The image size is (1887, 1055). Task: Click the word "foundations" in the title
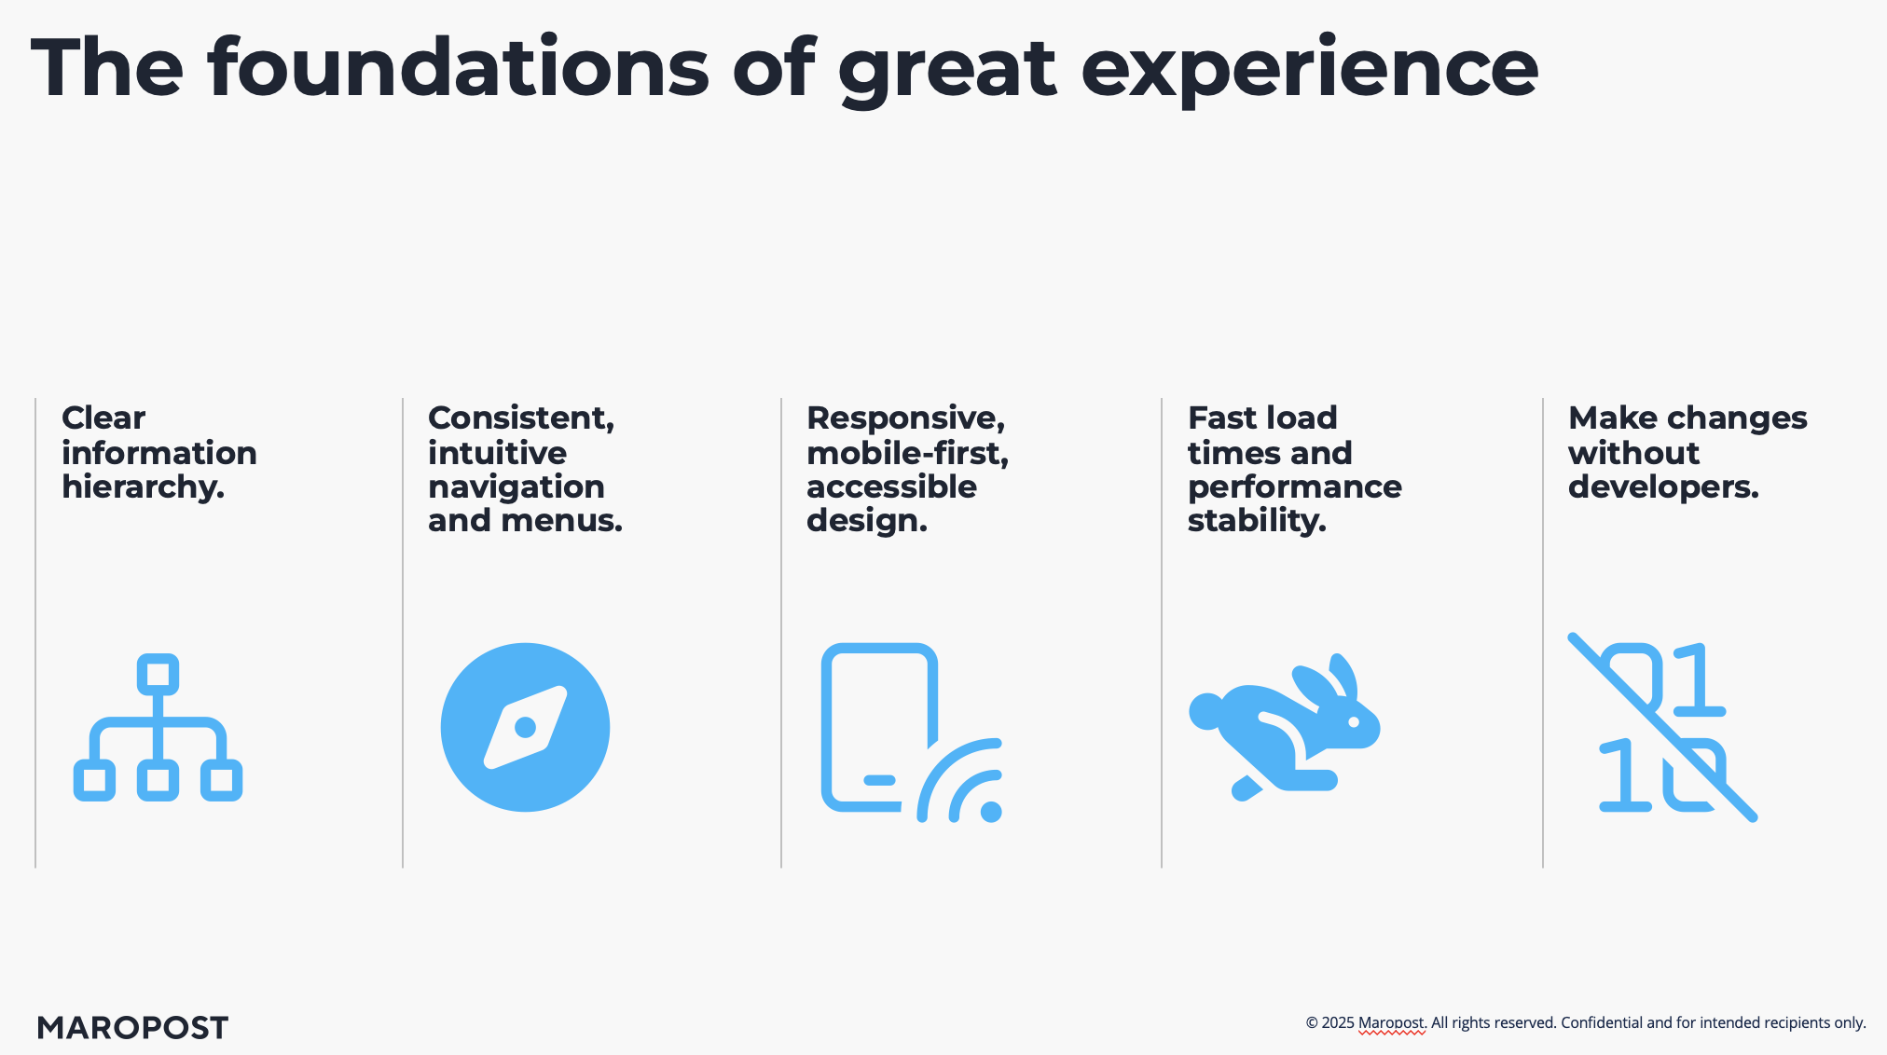tap(459, 67)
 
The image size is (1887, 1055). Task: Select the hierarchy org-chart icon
tap(158, 727)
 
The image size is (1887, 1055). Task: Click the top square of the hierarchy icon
tap(158, 674)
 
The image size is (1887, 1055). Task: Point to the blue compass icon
tap(525, 727)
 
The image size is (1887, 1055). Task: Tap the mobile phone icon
tap(879, 727)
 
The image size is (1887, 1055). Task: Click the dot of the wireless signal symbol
tap(991, 812)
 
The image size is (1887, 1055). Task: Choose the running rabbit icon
tap(1285, 727)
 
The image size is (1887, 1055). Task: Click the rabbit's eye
tap(1354, 721)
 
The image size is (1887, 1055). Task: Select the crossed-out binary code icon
tap(1663, 727)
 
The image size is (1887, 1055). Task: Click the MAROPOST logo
tap(132, 1028)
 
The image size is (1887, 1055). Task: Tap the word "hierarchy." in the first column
tap(143, 487)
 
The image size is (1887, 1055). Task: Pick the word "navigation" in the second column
tap(516, 487)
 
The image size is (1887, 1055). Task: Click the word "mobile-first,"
tap(907, 454)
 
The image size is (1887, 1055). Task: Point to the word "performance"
tap(1294, 487)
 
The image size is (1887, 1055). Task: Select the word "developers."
tap(1663, 487)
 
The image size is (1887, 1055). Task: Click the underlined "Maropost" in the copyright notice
tap(1392, 1023)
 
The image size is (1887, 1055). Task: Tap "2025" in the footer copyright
tap(1338, 1023)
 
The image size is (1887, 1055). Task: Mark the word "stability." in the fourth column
tap(1257, 521)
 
